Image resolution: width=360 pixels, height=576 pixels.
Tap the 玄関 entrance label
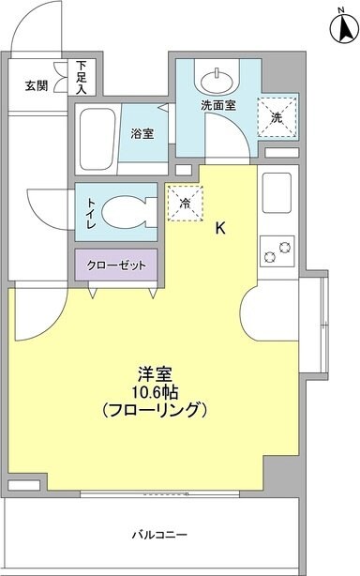pyautogui.click(x=36, y=85)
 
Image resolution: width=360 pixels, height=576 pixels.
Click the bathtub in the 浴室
pyautogui.click(x=96, y=136)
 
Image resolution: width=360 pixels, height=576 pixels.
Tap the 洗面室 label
pyautogui.click(x=218, y=107)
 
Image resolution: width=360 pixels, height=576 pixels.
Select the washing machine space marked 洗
pyautogui.click(x=277, y=117)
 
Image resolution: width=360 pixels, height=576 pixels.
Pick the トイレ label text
pyautogui.click(x=91, y=211)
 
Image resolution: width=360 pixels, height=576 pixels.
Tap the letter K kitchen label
pyautogui.click(x=221, y=227)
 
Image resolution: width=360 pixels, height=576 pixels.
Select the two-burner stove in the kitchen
pyautogui.click(x=277, y=250)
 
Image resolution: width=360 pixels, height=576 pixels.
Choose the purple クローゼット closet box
pyautogui.click(x=117, y=265)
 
